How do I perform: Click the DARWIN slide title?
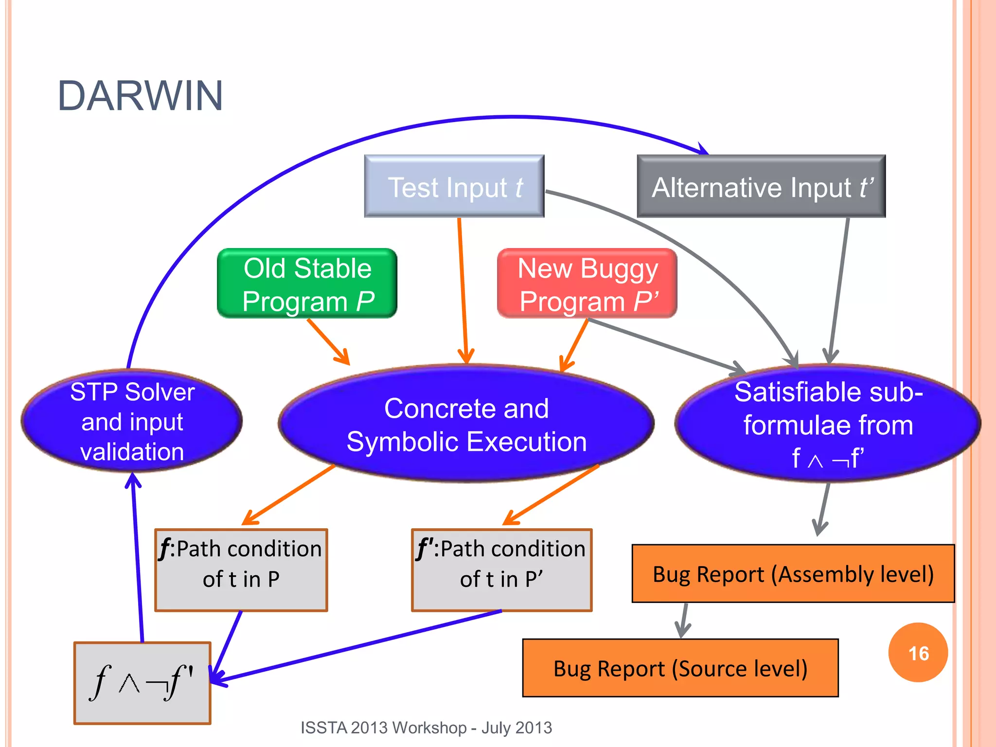[140, 96]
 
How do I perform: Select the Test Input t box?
[454, 186]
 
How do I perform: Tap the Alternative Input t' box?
[761, 186]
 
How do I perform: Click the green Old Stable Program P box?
[307, 284]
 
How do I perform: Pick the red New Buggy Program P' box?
[587, 284]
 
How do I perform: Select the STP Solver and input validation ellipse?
[132, 421]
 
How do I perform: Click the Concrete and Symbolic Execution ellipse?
[466, 424]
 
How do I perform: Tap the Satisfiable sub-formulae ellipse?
[828, 424]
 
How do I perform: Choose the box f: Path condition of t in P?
[241, 569]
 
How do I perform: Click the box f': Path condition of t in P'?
[501, 569]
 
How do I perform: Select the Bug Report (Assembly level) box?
[793, 574]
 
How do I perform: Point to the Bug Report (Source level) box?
[680, 668]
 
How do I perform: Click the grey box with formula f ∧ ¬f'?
[142, 683]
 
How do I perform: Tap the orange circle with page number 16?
[918, 653]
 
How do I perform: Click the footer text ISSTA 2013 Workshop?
[426, 728]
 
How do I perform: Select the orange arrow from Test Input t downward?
[462, 292]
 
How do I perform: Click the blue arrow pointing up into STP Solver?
[137, 559]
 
